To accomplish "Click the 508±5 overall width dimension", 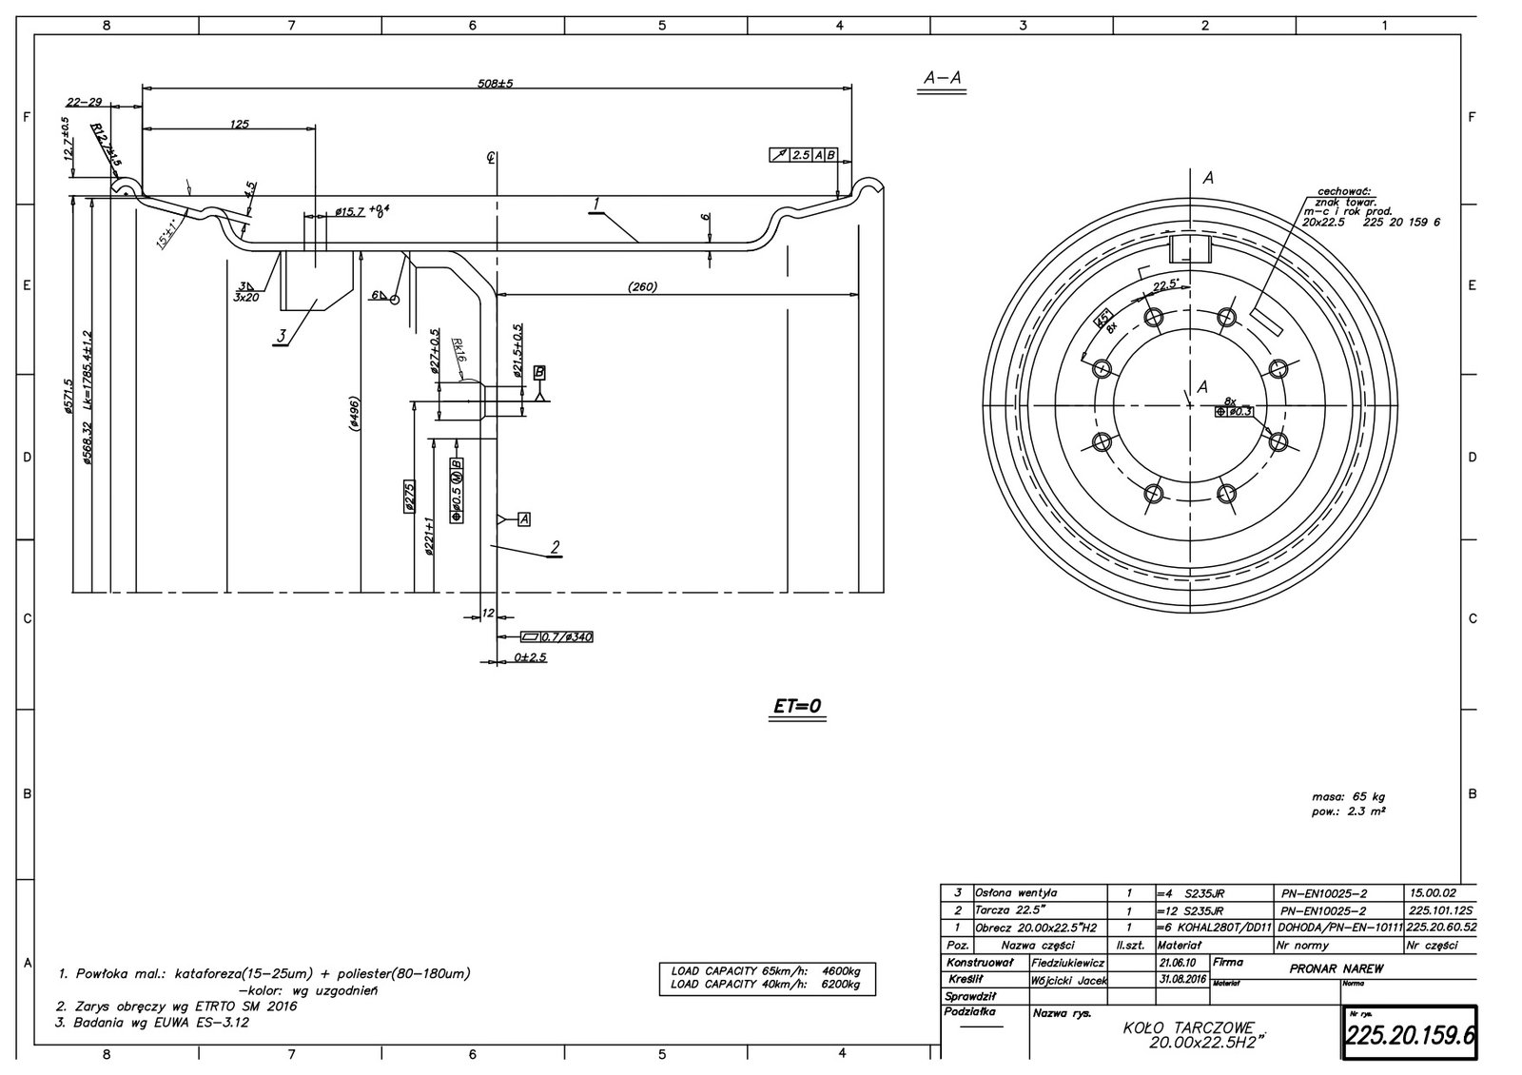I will [495, 84].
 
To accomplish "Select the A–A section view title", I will [942, 80].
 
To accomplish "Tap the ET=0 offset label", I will [797, 706].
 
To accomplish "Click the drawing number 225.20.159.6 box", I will [1409, 1032].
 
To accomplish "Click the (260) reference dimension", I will [644, 286].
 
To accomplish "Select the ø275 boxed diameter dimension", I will [410, 497].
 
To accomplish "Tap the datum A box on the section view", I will [523, 518].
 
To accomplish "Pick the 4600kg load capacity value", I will [841, 971].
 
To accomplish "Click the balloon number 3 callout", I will [282, 336].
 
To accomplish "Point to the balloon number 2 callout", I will [555, 547].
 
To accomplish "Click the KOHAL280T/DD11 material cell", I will [1214, 928].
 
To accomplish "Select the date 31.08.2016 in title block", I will [1181, 979].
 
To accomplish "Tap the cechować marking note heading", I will [1342, 190].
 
